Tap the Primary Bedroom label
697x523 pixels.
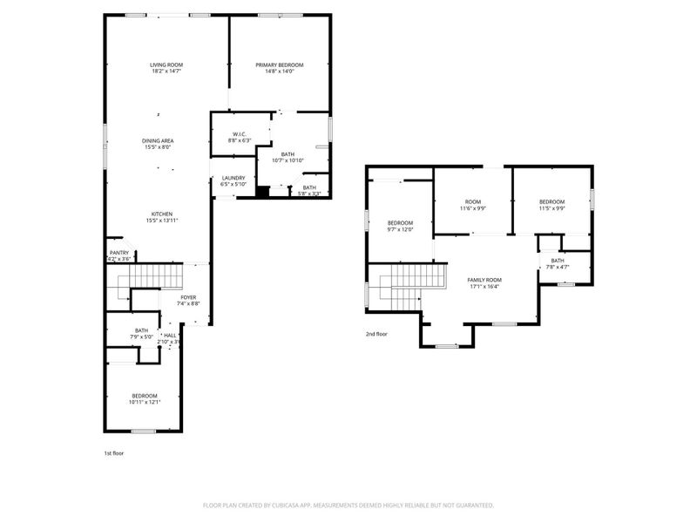coord(279,65)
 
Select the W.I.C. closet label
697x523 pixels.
coord(239,134)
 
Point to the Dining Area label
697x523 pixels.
coord(158,140)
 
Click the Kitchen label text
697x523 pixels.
coord(163,214)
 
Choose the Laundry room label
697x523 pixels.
coord(233,178)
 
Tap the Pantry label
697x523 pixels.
coord(118,253)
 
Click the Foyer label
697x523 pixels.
coord(189,297)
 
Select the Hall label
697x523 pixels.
coord(170,335)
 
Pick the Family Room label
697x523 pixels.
coord(484,279)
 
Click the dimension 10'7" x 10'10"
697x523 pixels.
coord(287,160)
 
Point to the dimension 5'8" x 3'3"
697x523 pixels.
coord(309,194)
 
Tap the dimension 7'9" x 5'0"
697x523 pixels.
coord(141,336)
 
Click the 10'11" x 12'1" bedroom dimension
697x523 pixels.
coord(145,402)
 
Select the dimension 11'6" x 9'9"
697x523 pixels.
coord(472,208)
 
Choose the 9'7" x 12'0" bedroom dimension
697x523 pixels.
coord(400,229)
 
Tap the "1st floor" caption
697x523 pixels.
coord(114,453)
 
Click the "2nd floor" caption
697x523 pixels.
coord(376,334)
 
